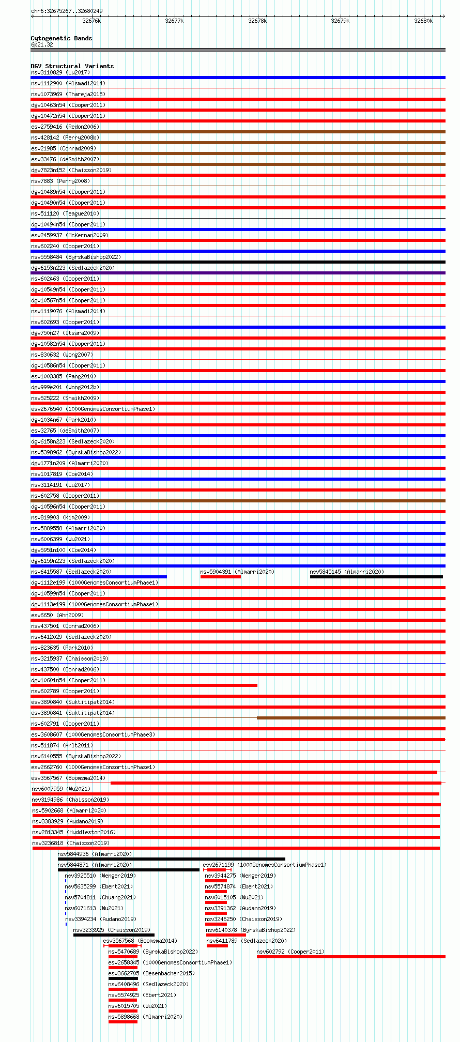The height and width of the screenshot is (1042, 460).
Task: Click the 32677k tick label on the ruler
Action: coord(174,21)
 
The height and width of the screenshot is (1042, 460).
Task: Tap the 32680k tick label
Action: coord(423,21)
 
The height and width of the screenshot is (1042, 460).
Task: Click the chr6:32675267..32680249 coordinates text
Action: coord(67,11)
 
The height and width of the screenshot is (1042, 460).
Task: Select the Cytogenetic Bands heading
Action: coord(62,38)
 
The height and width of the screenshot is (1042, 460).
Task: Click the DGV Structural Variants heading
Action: coord(72,66)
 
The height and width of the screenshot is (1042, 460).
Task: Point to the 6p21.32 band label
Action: coord(42,44)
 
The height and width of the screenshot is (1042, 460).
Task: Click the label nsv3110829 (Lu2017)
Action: coord(60,72)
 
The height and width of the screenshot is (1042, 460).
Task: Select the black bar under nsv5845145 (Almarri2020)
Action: coord(376,577)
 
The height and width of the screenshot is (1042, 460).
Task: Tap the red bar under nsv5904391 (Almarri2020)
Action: coord(221,577)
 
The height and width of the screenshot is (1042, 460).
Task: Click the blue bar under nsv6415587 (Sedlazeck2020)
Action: coord(99,577)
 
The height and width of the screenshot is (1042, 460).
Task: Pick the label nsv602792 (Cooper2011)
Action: coord(290,952)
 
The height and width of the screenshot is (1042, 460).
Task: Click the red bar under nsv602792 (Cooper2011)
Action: coord(351,957)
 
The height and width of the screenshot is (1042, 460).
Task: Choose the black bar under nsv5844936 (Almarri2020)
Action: coord(171,859)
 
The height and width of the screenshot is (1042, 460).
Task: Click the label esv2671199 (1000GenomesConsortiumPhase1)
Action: coord(265,865)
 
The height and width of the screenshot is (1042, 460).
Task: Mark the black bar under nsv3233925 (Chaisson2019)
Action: coord(114,935)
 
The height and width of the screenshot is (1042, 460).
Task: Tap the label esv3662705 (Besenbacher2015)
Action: coord(151,973)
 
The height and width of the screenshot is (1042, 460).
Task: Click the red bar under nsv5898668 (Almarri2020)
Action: coord(123,1022)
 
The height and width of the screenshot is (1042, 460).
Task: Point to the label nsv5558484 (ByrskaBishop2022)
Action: coord(76,257)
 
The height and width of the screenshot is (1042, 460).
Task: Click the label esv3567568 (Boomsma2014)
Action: coord(140,941)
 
